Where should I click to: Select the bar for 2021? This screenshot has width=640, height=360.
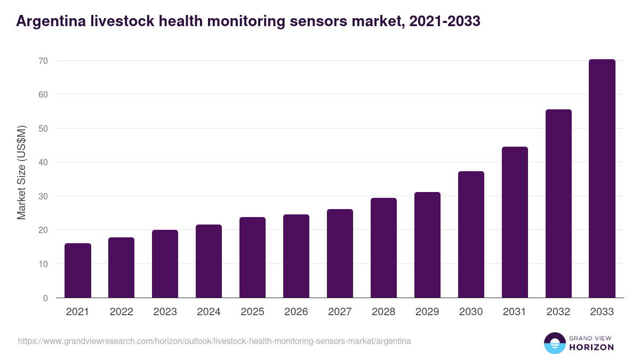pyautogui.click(x=78, y=270)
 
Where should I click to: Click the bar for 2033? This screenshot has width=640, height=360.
pyautogui.click(x=602, y=179)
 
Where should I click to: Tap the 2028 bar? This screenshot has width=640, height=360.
pyautogui.click(x=383, y=248)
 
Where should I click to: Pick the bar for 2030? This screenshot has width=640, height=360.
pyautogui.click(x=471, y=235)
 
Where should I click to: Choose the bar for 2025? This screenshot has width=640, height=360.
pyautogui.click(x=252, y=258)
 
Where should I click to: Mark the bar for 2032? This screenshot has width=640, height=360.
pyautogui.click(x=558, y=204)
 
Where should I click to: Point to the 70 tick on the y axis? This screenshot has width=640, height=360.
pyautogui.click(x=43, y=61)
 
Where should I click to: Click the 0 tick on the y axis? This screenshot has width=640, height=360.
pyautogui.click(x=46, y=298)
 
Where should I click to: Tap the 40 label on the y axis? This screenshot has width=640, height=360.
pyautogui.click(x=43, y=162)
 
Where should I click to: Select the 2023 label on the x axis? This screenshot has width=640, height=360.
pyautogui.click(x=165, y=312)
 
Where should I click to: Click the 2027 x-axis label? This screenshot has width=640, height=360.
pyautogui.click(x=340, y=312)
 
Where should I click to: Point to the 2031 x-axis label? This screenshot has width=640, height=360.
pyautogui.click(x=515, y=312)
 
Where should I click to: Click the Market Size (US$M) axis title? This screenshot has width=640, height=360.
pyautogui.click(x=21, y=172)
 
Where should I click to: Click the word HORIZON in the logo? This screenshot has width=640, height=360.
pyautogui.click(x=591, y=347)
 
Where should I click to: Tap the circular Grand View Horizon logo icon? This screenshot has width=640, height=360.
pyautogui.click(x=555, y=343)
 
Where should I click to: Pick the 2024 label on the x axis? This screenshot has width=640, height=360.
pyautogui.click(x=209, y=312)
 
